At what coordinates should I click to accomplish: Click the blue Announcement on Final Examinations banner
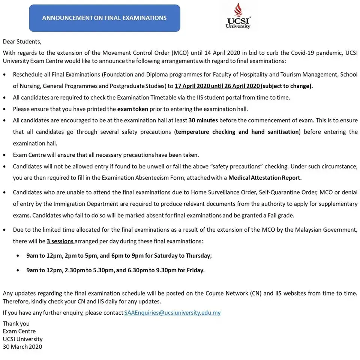[x=104, y=18]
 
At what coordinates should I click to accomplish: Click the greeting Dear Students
[x=22, y=41]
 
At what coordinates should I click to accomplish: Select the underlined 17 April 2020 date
[x=192, y=86]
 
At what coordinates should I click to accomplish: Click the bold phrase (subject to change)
[x=287, y=86]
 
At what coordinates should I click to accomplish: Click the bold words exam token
[x=133, y=109]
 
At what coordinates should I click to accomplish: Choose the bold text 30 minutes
[x=203, y=120]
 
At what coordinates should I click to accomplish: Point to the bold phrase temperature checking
[x=205, y=132]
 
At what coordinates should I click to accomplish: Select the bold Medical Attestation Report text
[x=265, y=177]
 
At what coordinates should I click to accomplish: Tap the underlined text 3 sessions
[x=60, y=241]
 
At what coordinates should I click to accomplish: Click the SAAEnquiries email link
[x=172, y=312]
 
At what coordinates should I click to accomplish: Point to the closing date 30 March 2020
[x=22, y=346]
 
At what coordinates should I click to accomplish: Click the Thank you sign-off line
[x=16, y=323]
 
